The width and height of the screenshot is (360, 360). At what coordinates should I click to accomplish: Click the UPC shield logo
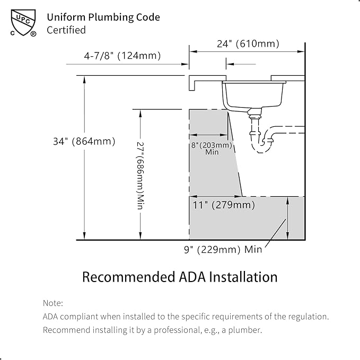tap(23, 22)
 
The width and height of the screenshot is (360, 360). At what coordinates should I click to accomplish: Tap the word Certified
tap(66, 30)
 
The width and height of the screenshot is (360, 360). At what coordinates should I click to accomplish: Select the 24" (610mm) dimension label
tap(248, 43)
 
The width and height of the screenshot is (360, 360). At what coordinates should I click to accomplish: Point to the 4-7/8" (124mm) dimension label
tap(122, 56)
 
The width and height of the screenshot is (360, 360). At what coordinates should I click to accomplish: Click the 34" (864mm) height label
tap(84, 141)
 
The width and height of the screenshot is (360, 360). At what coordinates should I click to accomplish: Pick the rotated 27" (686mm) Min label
tap(140, 175)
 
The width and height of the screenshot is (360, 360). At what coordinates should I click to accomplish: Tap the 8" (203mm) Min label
tap(212, 148)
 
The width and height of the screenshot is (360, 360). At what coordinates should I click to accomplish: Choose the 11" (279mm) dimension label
tap(224, 205)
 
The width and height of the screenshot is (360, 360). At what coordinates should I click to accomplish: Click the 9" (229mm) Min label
tap(223, 249)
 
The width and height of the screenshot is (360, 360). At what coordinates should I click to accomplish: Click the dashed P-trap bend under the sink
tap(260, 147)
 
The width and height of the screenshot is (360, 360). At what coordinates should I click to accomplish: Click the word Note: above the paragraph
tap(53, 303)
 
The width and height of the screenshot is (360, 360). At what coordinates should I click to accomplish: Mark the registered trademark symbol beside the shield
tap(33, 34)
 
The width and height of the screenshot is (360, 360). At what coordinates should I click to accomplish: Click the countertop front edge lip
tap(192, 83)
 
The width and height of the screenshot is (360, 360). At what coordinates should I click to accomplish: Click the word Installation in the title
tap(243, 277)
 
